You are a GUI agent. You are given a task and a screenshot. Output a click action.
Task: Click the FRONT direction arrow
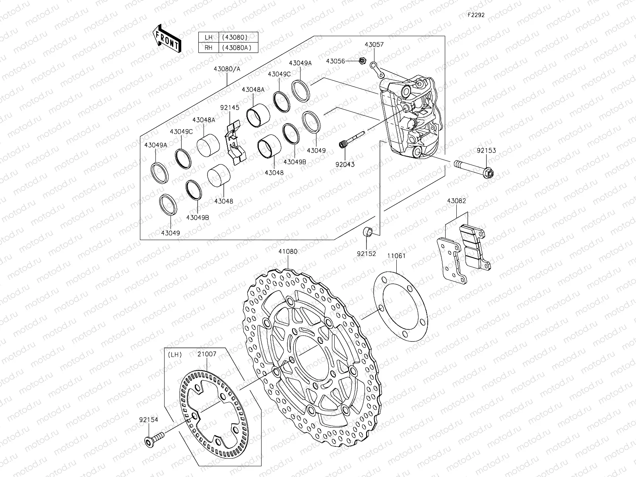(x=166, y=39)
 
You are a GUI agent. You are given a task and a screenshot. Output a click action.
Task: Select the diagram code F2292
(x=476, y=15)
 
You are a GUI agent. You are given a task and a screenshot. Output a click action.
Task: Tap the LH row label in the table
(x=208, y=37)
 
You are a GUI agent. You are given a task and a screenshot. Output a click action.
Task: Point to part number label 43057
(x=374, y=45)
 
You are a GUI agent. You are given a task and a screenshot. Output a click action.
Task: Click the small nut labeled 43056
(x=362, y=61)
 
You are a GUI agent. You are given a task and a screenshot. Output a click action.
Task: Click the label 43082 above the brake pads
(x=456, y=201)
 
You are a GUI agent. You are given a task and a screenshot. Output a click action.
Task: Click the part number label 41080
(x=287, y=251)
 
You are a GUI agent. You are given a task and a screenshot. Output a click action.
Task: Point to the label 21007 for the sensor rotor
(x=207, y=354)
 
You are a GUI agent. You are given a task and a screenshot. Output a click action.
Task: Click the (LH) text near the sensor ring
(x=175, y=354)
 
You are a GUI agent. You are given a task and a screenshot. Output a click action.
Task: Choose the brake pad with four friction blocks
(x=475, y=246)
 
